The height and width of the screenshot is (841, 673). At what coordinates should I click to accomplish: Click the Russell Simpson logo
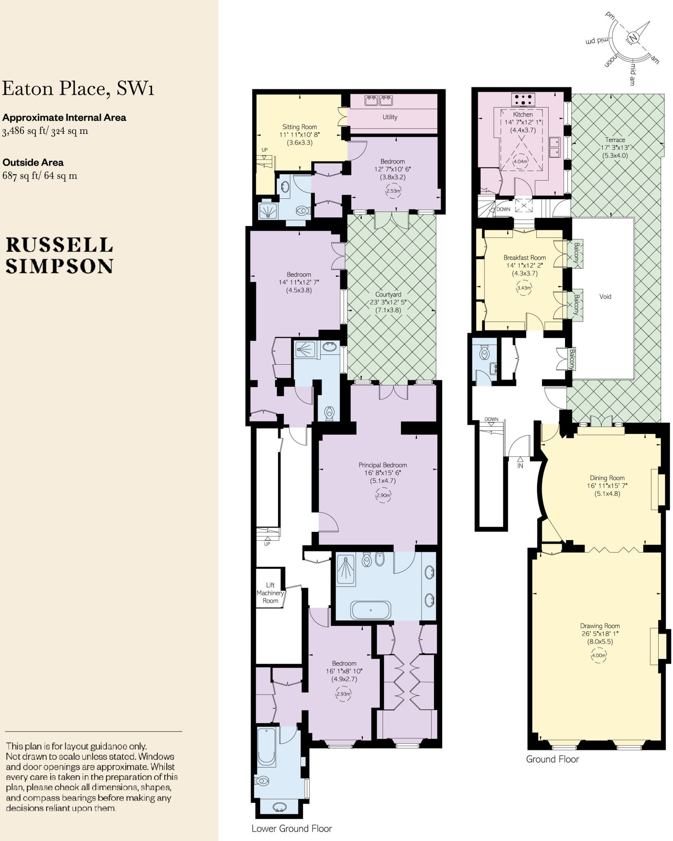59,255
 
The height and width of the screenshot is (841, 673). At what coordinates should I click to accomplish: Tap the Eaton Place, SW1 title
78,89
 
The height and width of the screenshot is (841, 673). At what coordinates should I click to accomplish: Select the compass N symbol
633,39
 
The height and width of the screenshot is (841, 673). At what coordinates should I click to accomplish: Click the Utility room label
390,117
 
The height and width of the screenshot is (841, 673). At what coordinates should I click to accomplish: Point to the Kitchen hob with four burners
523,99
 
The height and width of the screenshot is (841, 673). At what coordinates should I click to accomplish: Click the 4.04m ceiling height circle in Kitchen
520,161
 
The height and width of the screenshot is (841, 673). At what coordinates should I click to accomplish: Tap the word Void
605,296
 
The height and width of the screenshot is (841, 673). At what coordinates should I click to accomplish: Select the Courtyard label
388,294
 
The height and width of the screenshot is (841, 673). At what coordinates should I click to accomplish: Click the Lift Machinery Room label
270,593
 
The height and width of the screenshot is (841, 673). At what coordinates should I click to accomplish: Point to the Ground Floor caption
552,759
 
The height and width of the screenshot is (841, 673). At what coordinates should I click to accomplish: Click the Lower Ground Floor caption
292,829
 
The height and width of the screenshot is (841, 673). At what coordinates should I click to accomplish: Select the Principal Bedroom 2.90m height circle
383,496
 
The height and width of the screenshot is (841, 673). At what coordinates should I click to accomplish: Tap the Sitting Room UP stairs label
264,150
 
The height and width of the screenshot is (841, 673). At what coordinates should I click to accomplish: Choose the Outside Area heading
33,163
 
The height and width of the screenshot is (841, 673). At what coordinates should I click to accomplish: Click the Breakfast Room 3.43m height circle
524,288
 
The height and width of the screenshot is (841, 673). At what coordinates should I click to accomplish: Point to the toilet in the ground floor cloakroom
485,353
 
